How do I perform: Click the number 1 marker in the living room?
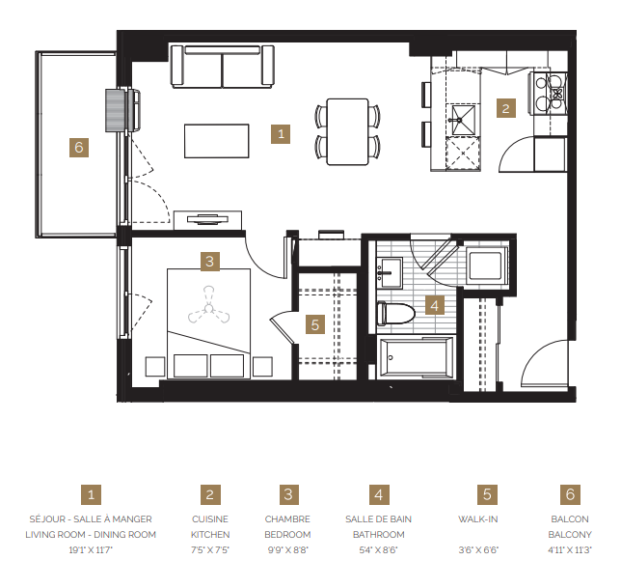(281, 134)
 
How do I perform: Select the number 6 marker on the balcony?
(79, 147)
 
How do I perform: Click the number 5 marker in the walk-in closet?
(314, 324)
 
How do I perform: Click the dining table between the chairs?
(347, 130)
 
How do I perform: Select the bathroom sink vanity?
(391, 272)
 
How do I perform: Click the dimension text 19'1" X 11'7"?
(92, 549)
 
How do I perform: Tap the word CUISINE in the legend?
(209, 518)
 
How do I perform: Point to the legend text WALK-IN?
(487, 518)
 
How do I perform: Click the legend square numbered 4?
(379, 494)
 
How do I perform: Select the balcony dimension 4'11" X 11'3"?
(570, 549)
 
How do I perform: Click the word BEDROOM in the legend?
(287, 534)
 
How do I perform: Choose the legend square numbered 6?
(570, 494)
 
